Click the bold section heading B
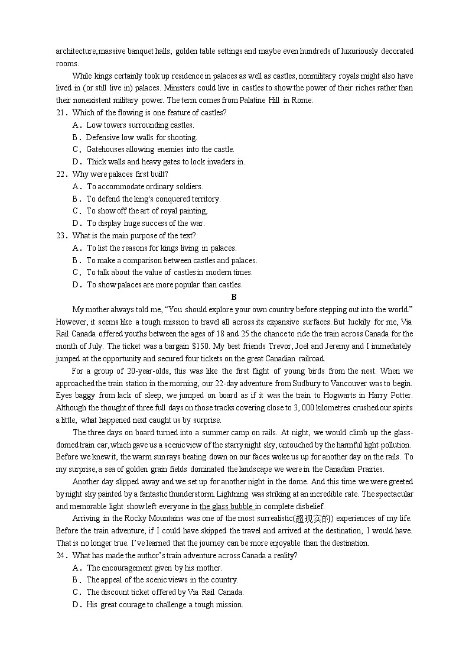[x=234, y=297]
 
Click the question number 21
[x=60, y=113]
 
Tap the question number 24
[x=60, y=556]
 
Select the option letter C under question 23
[x=76, y=273]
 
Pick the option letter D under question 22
[x=76, y=224]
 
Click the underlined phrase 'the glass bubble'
[x=227, y=507]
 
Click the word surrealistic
[x=277, y=519]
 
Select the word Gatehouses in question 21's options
[x=105, y=150]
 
